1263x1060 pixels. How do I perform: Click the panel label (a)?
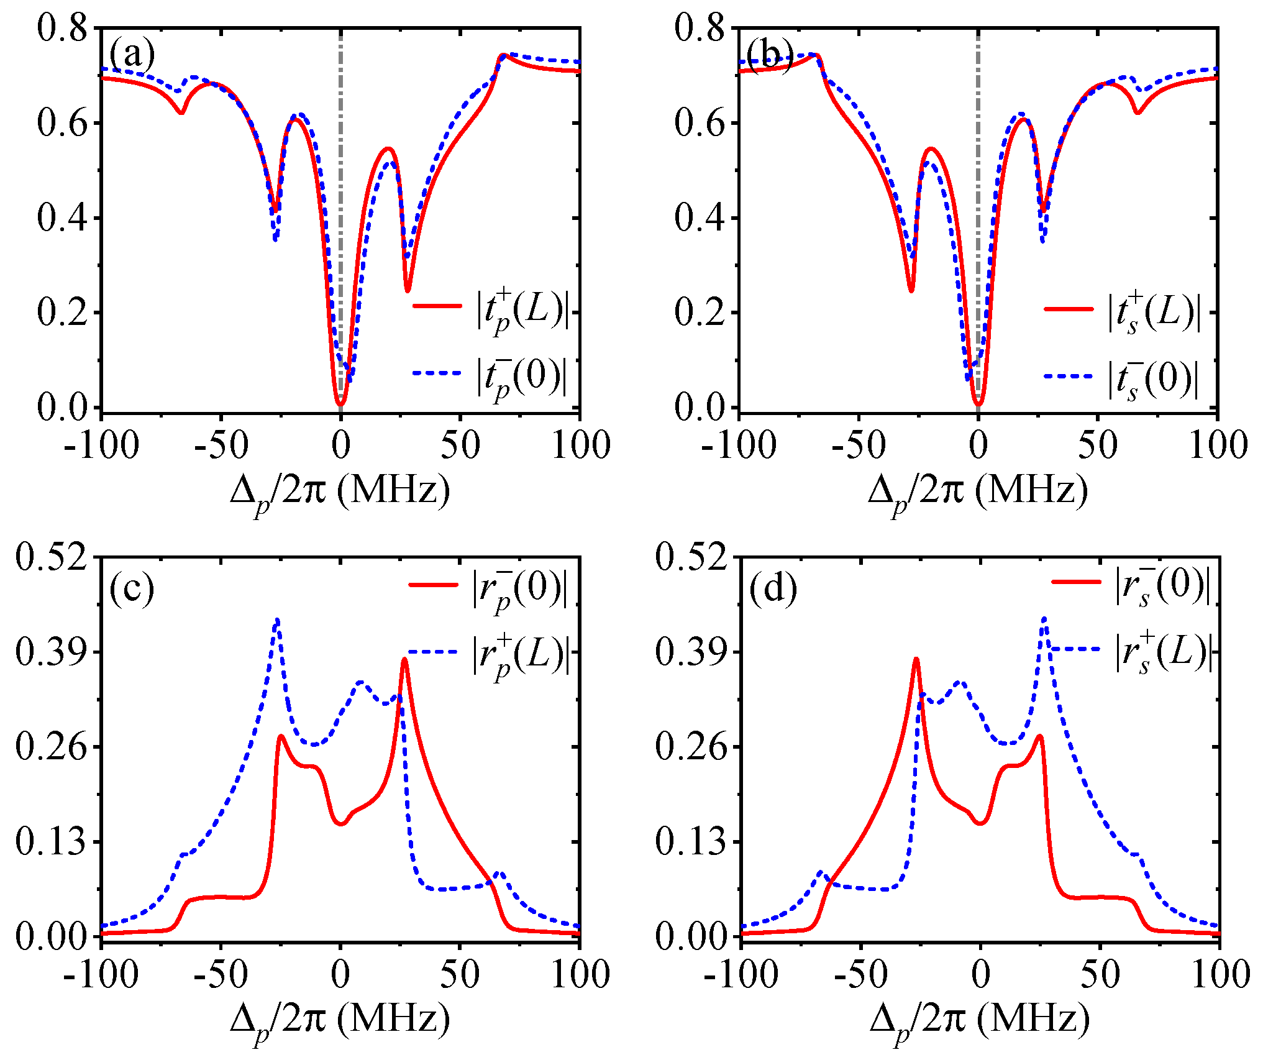132,55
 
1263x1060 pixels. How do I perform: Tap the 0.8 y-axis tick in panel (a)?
62,29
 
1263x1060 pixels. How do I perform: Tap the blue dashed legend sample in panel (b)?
1069,376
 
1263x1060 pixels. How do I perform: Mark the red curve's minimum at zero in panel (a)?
340,404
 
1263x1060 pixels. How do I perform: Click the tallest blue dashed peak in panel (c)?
277,619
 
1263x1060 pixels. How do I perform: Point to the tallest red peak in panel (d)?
916,659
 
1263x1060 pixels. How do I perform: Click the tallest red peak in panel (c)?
404,659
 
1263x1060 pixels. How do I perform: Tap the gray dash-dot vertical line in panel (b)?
978,155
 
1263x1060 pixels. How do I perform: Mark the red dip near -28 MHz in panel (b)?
911,290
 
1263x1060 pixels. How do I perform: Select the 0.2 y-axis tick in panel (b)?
700,313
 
